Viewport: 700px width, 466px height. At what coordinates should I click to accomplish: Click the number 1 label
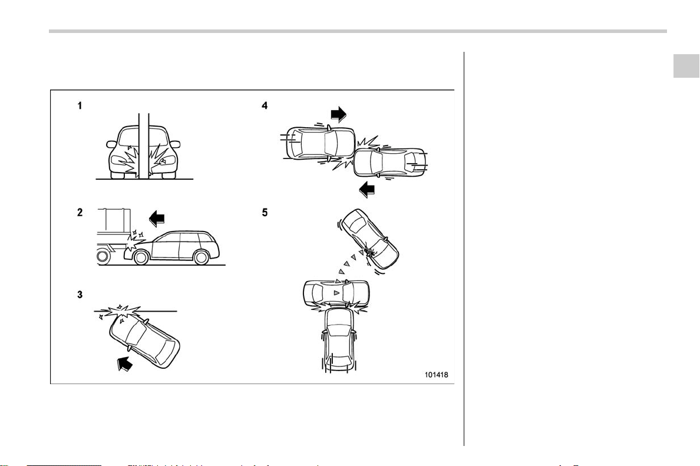tap(80, 106)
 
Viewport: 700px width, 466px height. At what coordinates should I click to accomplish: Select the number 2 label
tap(80, 213)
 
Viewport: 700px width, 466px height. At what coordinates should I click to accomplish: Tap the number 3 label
tap(80, 295)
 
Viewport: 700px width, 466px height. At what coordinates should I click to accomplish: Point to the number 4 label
tap(265, 106)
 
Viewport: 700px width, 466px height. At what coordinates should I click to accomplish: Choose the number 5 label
tap(265, 213)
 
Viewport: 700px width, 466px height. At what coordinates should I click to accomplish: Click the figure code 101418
tap(436, 375)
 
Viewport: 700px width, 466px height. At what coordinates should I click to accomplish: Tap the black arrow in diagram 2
tap(157, 219)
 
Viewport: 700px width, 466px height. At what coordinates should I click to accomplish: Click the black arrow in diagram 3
tap(125, 363)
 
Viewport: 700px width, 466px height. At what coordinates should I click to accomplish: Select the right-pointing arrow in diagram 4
tap(339, 114)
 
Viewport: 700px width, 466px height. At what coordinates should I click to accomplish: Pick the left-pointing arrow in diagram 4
tap(367, 190)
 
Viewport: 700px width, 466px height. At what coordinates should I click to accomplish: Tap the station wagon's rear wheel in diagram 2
tap(202, 257)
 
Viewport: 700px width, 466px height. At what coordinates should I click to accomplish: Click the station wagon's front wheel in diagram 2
tap(141, 257)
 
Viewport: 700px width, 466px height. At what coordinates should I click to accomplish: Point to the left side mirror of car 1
tap(111, 144)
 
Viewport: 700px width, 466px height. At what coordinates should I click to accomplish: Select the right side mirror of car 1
tap(176, 144)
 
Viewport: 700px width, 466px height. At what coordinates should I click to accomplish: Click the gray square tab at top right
tap(686, 65)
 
